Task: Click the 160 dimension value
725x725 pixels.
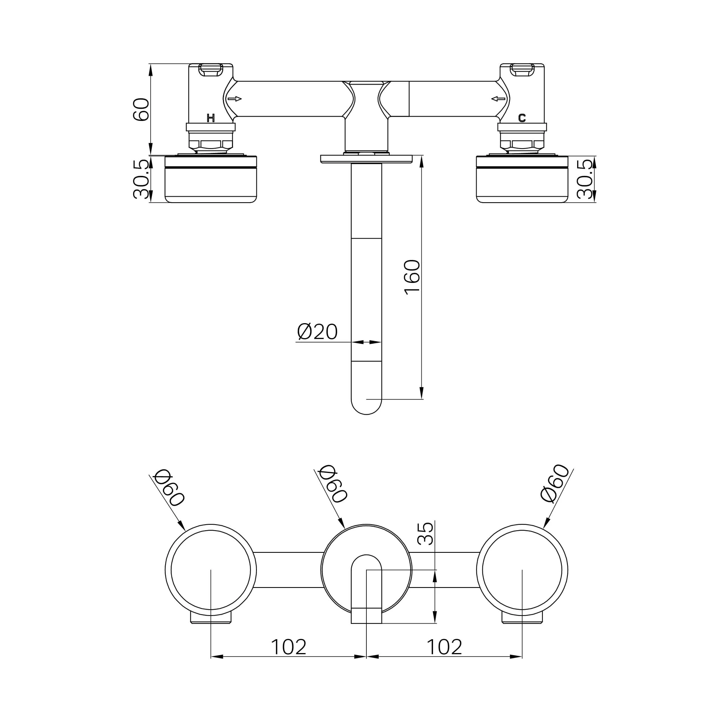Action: click(412, 277)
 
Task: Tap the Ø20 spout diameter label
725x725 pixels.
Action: click(317, 331)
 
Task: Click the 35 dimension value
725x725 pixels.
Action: click(426, 534)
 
